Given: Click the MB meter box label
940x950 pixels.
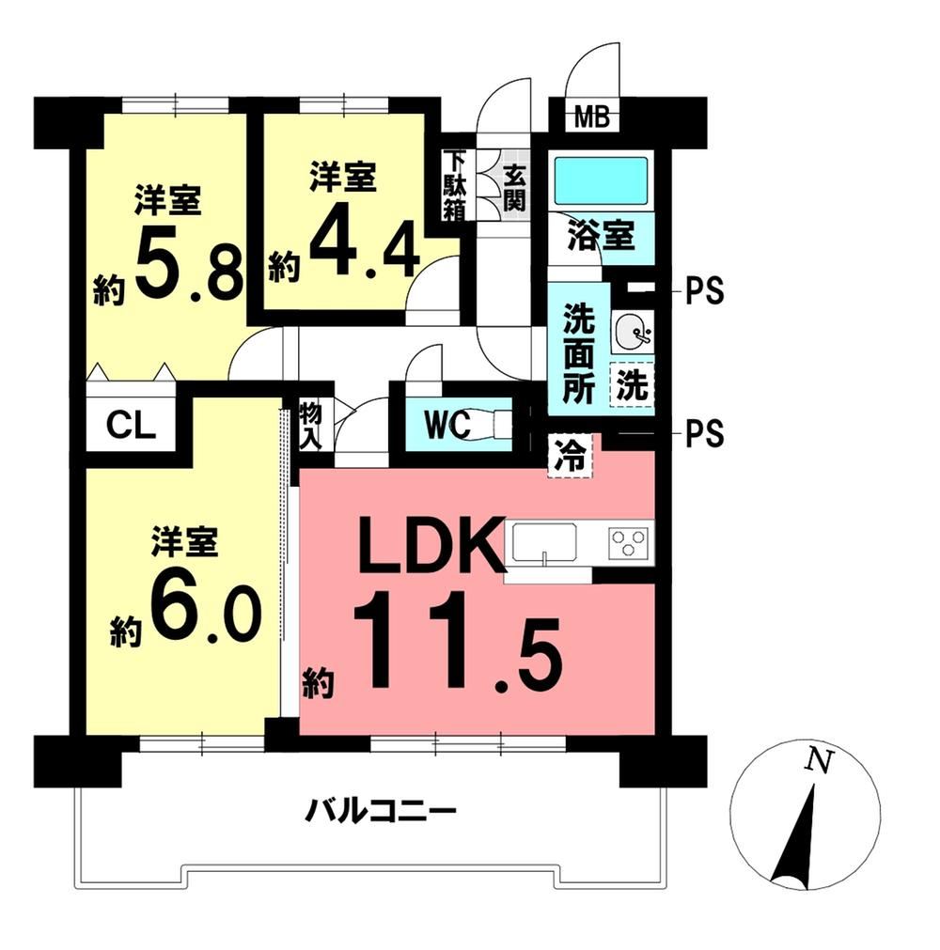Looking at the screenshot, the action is (592, 117).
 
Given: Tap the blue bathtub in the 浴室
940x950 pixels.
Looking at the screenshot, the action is (602, 180).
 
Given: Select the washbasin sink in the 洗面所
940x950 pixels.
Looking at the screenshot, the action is (632, 332).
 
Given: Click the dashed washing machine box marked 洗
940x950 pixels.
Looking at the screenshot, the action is (632, 384).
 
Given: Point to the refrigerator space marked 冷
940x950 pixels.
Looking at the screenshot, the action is (570, 457).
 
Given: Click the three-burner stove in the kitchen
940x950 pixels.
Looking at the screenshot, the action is (629, 541).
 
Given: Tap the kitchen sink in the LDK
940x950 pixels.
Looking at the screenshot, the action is (544, 542).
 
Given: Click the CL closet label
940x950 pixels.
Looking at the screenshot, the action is (131, 426).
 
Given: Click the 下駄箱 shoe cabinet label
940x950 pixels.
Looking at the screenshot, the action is (453, 186).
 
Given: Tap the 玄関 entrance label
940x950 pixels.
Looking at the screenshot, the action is (514, 187).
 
